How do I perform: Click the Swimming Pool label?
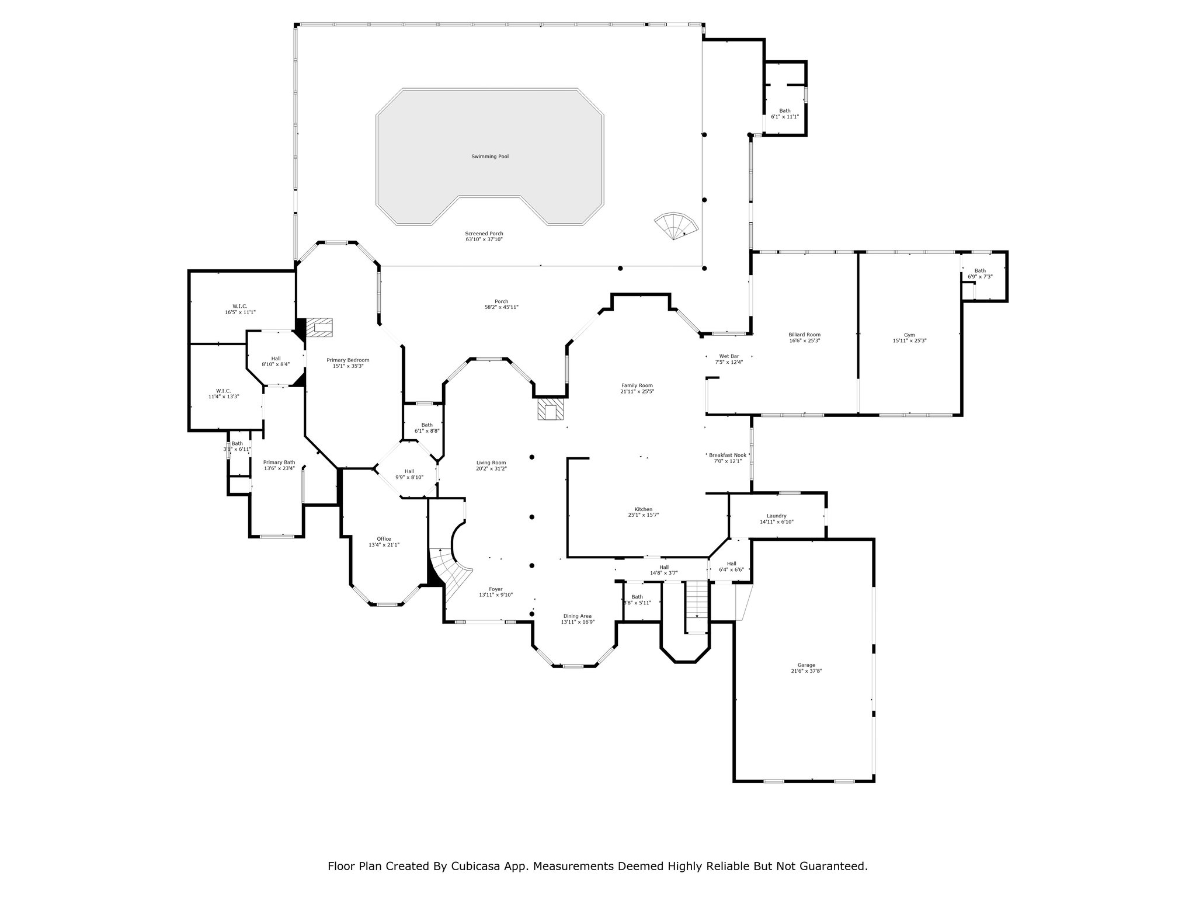[490, 157]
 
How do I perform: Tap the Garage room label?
[806, 665]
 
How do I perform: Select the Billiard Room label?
[805, 335]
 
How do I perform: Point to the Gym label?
[909, 335]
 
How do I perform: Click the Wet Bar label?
[729, 356]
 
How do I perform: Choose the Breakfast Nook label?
[728, 455]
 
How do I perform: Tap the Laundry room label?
[777, 516]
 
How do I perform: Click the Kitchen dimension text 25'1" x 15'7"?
[644, 515]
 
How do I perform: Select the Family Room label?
[637, 385]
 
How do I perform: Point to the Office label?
[384, 539]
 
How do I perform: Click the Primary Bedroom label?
[348, 360]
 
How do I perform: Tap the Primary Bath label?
[279, 462]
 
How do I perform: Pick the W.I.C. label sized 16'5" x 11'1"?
[240, 306]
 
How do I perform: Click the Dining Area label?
[578, 616]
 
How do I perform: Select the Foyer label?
[496, 589]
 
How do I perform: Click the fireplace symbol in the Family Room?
[550, 409]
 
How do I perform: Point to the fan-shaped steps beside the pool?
[676, 226]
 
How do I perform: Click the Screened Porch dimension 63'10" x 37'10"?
[484, 239]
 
